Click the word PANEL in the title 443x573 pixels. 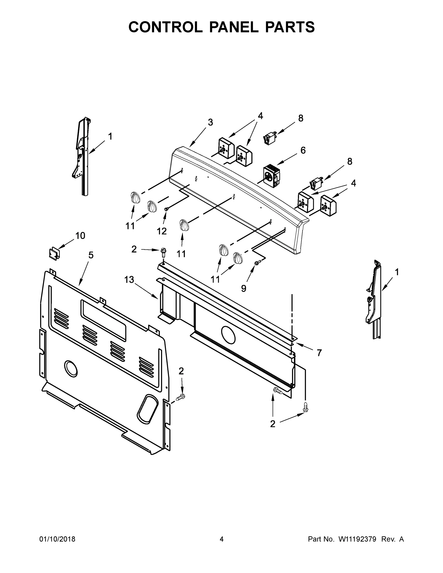click(234, 27)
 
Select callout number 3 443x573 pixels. click(210, 122)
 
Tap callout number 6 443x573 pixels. click(303, 150)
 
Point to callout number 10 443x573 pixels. click(80, 236)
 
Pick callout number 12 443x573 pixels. click(162, 231)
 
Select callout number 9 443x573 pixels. click(244, 288)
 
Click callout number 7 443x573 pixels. click(319, 353)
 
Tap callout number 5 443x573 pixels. click(91, 255)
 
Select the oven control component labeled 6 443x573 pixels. click(271, 176)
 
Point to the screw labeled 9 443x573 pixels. click(257, 262)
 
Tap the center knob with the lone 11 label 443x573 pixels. click(184, 225)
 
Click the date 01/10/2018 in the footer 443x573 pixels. click(57, 539)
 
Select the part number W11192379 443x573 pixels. click(357, 539)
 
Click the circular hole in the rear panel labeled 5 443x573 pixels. click(71, 369)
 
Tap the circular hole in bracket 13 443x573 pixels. click(228, 335)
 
